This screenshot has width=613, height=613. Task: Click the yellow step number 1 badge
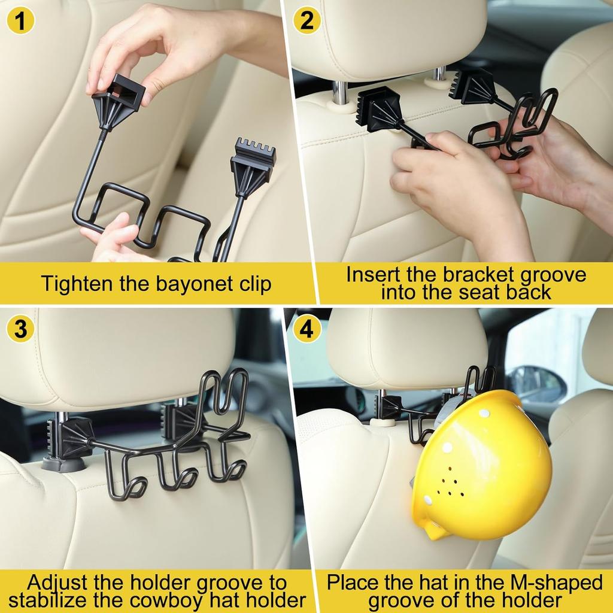[20, 20]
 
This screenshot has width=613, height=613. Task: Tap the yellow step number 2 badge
[307, 20]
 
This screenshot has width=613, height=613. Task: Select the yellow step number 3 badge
[20, 329]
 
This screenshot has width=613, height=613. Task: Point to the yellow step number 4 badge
[307, 329]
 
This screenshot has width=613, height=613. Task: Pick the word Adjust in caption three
[58, 583]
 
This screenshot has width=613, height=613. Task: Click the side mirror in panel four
[538, 385]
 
